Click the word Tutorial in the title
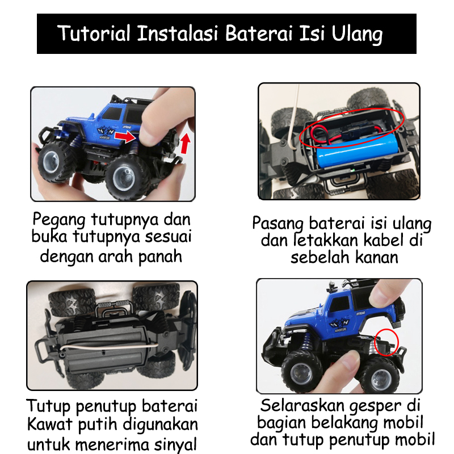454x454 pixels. point(94,33)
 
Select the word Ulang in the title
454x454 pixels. point(358,35)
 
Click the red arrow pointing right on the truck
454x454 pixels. point(125,137)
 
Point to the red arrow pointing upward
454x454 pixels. point(186,144)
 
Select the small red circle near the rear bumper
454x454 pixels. point(386,342)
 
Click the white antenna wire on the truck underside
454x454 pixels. point(110,347)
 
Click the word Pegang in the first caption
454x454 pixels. point(59,220)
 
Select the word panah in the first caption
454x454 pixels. point(160,257)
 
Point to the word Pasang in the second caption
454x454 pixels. point(278,224)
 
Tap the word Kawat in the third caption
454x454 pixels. point(49,424)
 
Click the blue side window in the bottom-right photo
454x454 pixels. point(339,304)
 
